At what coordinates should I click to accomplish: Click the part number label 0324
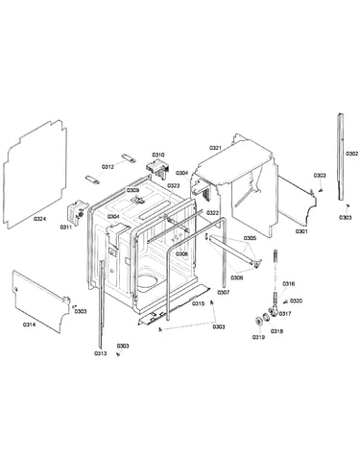40,219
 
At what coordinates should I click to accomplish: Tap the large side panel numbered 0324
36,175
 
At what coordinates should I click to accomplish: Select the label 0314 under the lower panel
29,324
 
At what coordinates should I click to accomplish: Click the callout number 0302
351,154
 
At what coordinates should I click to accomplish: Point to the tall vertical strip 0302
341,156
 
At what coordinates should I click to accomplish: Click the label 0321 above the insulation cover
215,148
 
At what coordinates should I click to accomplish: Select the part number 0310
158,155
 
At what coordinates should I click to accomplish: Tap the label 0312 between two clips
108,167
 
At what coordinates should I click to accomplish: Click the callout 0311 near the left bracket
66,227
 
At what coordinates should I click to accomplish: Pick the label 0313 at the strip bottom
101,353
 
